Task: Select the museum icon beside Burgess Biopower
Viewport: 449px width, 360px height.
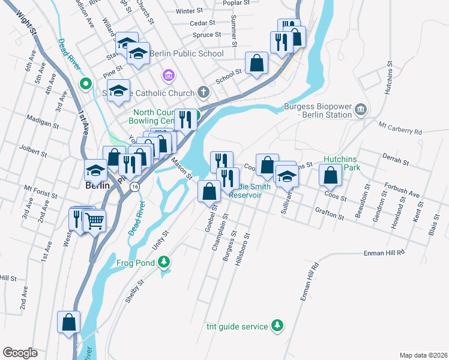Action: [360, 109]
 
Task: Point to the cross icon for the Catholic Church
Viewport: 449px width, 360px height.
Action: [203, 93]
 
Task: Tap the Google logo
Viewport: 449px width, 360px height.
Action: [20, 353]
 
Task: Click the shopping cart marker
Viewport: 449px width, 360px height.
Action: [95, 221]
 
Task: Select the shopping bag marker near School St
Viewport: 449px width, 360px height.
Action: [256, 63]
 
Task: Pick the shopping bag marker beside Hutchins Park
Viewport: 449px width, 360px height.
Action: [330, 176]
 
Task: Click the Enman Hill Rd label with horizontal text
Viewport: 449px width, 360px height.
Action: [384, 254]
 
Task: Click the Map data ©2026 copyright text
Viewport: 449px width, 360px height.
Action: [423, 355]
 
